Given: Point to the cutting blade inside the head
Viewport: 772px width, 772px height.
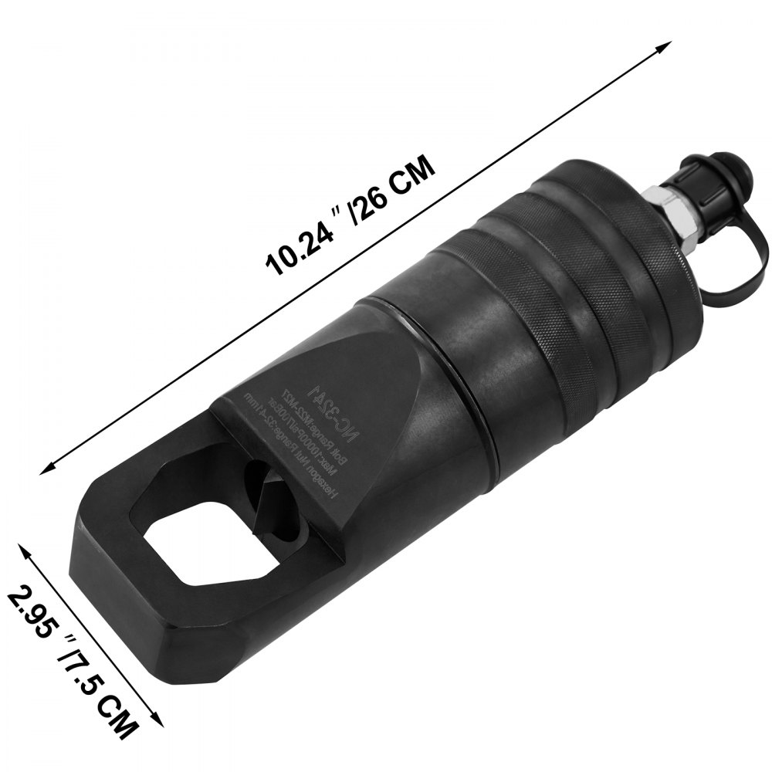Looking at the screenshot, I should coord(270,494).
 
